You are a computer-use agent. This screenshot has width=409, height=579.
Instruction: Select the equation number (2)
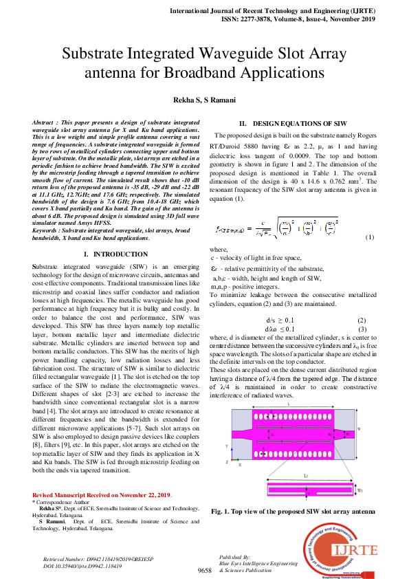tap(362, 320)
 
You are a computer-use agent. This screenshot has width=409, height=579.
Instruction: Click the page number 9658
tap(204, 571)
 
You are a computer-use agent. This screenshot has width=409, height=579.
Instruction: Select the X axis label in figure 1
tap(239, 465)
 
